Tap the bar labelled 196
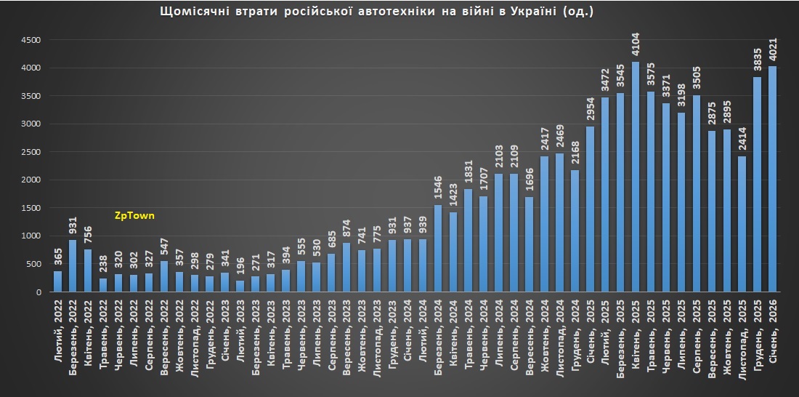(240, 286)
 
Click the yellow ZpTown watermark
(134, 216)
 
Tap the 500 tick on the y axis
(36, 264)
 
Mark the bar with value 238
(103, 285)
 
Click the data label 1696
(529, 179)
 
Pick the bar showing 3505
(697, 193)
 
